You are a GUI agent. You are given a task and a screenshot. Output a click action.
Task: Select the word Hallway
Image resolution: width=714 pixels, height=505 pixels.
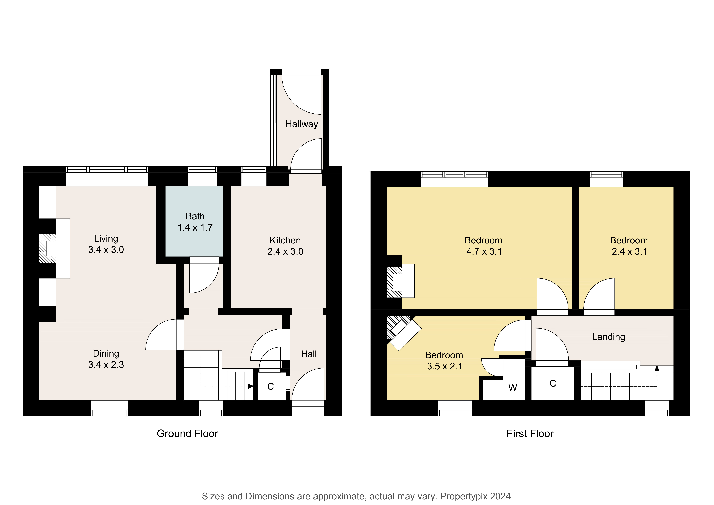[x=302, y=124]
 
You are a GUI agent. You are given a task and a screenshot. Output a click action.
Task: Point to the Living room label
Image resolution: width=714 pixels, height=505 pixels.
[x=106, y=239]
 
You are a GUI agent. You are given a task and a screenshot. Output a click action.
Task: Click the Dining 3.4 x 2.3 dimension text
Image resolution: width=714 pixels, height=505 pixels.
[x=106, y=365]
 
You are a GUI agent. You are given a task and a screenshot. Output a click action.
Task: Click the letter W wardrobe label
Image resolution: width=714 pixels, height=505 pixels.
[x=513, y=388]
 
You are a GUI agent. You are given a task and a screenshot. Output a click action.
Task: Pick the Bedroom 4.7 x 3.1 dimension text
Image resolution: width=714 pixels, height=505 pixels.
[x=484, y=251]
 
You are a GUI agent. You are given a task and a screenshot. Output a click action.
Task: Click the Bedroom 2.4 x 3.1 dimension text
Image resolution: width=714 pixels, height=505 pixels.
[x=629, y=251]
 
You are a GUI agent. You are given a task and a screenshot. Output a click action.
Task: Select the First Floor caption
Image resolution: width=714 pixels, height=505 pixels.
[x=530, y=433]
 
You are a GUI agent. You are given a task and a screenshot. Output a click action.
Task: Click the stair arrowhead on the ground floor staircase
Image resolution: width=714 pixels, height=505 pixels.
[x=251, y=386]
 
